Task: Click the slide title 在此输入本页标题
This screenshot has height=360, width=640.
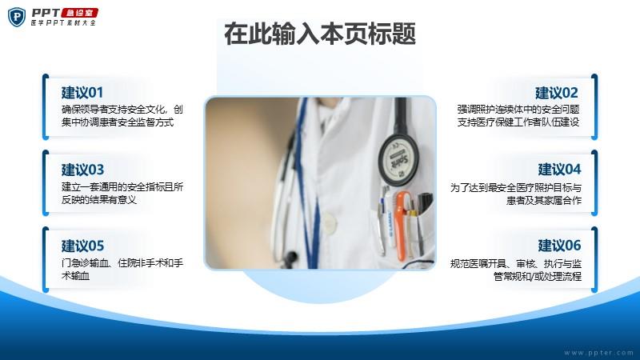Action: (320, 34)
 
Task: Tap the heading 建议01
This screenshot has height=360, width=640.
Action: (82, 93)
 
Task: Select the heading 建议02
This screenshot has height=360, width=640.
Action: (557, 93)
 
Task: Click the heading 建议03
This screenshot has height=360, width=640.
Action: (82, 170)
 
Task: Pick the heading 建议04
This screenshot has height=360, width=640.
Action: (559, 170)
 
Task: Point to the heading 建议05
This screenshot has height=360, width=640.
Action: (82, 246)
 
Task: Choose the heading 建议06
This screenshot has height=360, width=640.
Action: (559, 246)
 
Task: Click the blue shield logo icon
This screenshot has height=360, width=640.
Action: (17, 17)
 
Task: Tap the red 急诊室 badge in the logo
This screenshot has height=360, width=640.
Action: (79, 13)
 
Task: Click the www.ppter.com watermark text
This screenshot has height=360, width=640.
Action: (598, 353)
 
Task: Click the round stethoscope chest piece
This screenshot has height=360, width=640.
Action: (398, 159)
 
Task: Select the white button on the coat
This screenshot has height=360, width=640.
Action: (329, 222)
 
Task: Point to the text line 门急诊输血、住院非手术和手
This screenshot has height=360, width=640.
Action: (122, 263)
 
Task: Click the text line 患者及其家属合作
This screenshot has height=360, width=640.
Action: (544, 201)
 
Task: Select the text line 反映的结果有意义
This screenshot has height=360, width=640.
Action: (98, 199)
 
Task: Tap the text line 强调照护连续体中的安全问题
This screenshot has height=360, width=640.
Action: (518, 110)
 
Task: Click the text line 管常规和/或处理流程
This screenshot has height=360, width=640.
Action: (538, 276)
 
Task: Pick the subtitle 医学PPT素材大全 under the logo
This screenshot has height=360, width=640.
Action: (63, 23)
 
